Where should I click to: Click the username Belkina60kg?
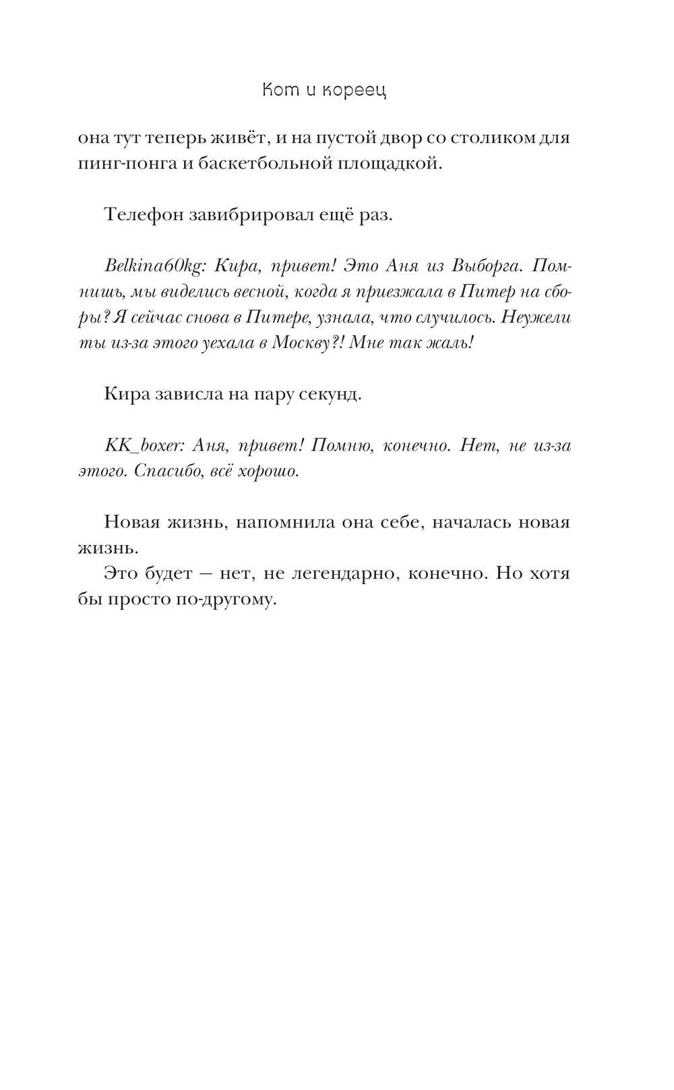154,266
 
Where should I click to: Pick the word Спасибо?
163,471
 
